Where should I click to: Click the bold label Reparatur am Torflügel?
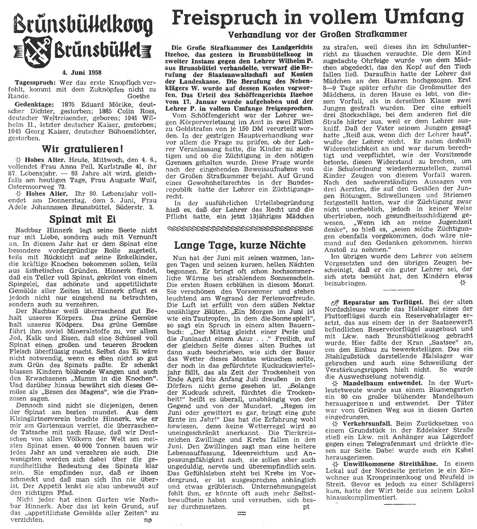point(383,302)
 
